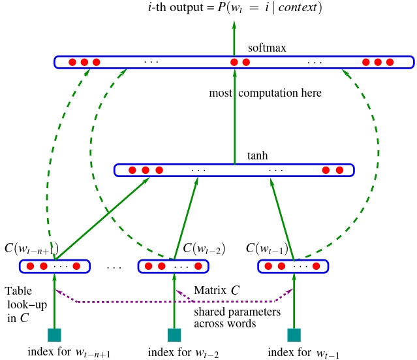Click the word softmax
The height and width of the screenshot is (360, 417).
pos(267,48)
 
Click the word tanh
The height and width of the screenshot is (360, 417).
pos(258,156)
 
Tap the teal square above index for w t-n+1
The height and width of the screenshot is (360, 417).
pos(54,335)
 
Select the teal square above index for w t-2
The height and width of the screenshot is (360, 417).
pos(174,335)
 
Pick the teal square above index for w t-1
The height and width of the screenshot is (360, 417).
pos(295,335)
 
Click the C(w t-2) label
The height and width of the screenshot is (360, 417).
pos(204,249)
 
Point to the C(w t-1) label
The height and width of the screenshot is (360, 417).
pos(267,249)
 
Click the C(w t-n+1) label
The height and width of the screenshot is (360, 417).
pos(31,249)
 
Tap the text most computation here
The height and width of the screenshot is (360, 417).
pos(265,93)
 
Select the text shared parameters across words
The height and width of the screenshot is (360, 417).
pos(237,318)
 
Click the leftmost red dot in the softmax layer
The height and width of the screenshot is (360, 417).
pos(72,62)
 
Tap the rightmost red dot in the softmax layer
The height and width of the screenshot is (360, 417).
pos(390,62)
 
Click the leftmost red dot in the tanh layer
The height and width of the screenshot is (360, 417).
pos(132,171)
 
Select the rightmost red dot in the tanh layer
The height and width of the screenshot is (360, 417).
pos(339,171)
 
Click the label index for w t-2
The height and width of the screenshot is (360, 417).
pos(183,353)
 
